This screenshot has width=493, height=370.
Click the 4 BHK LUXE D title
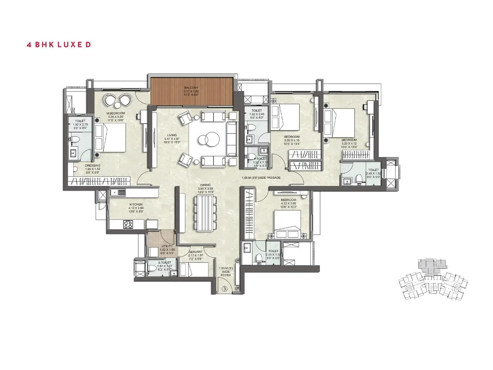(59, 44)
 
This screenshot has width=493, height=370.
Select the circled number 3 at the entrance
(225, 289)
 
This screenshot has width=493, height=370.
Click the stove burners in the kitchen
(128, 224)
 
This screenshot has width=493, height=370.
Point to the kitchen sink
(118, 193)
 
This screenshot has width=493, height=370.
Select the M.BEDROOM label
(116, 113)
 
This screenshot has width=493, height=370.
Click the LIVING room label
(172, 135)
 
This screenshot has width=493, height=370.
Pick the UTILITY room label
(167, 246)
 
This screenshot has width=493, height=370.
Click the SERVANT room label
(195, 252)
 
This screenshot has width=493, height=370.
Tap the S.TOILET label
(164, 262)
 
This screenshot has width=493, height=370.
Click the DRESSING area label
(92, 166)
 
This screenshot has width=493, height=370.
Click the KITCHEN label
(136, 204)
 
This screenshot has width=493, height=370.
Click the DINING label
(205, 185)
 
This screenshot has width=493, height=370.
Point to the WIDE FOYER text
(226, 272)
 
